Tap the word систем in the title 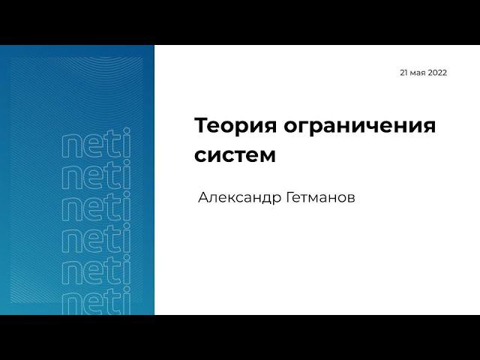click(235, 157)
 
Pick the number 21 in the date click(404, 73)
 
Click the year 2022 click(437, 73)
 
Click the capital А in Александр click(202, 199)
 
